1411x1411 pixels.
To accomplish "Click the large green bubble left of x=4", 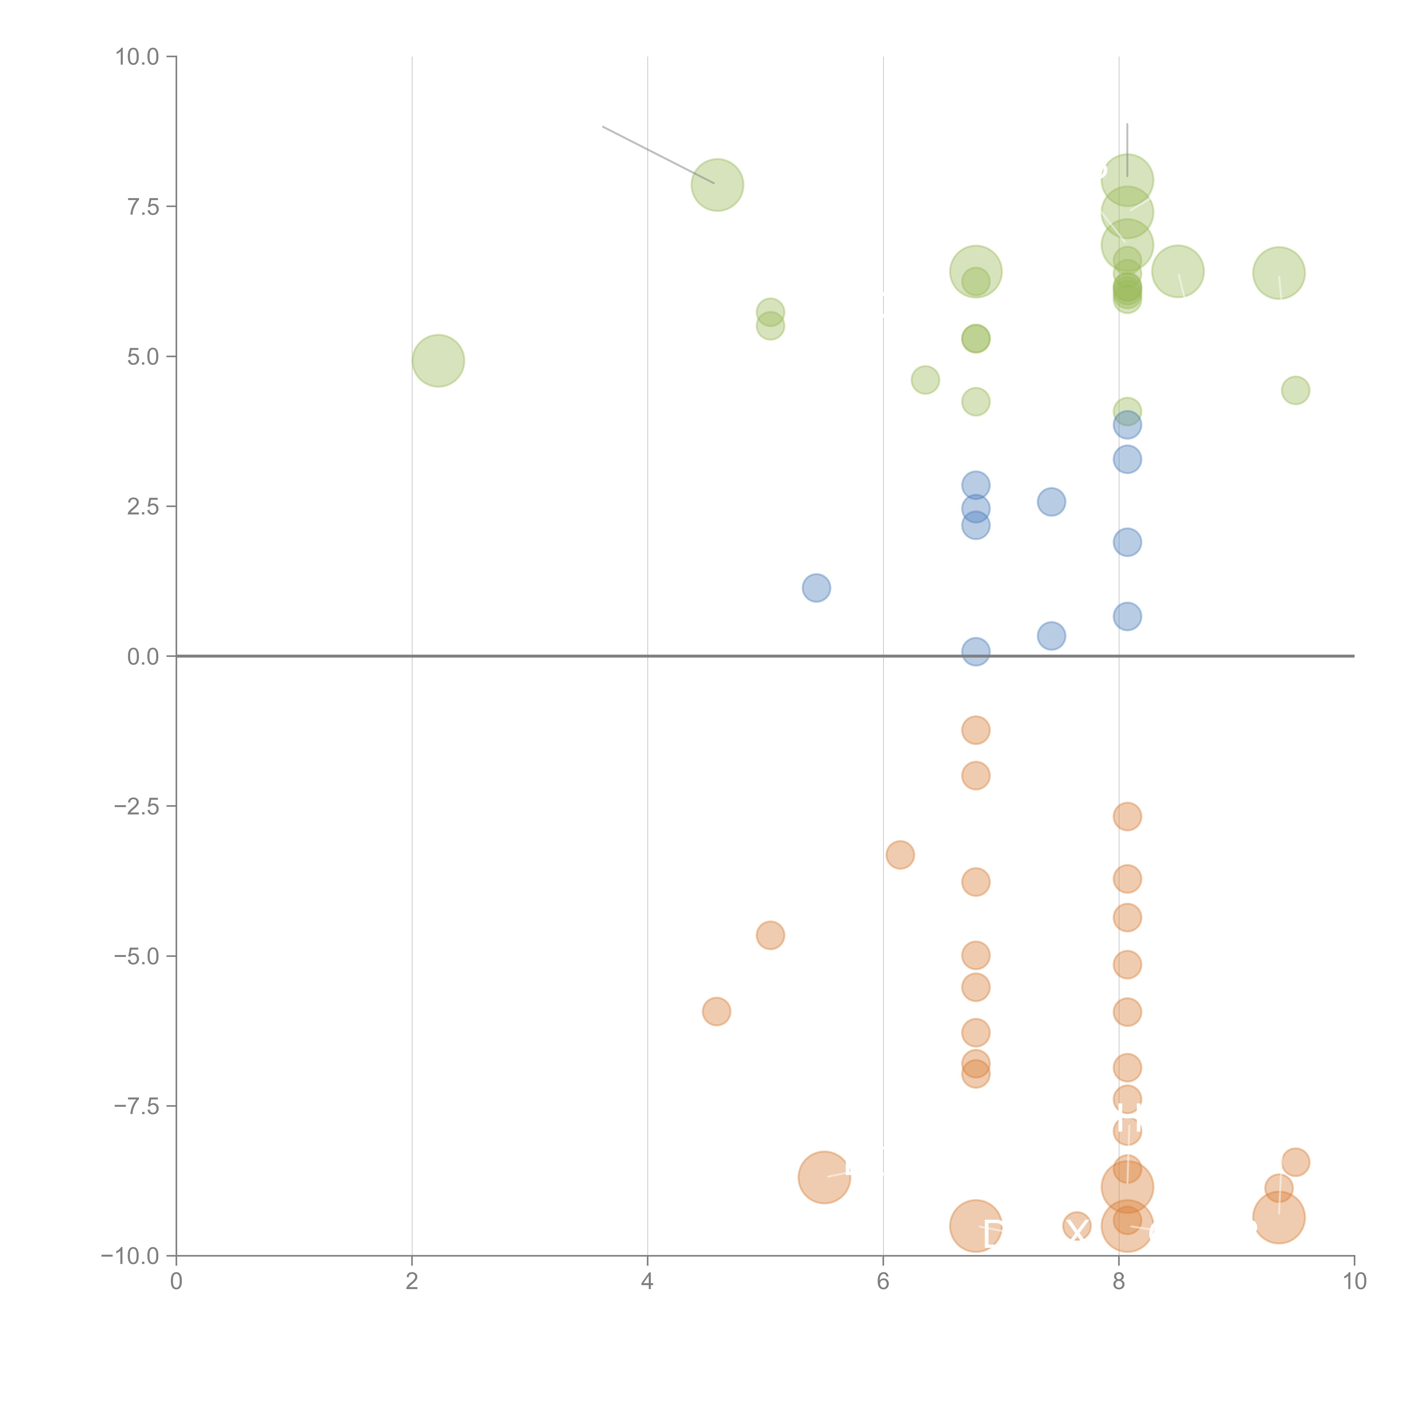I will point(438,361).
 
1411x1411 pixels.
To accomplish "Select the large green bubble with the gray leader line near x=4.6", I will point(717,185).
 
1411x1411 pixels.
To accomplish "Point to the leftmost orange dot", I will point(717,1011).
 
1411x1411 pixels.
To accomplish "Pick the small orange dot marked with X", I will point(1077,1227).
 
